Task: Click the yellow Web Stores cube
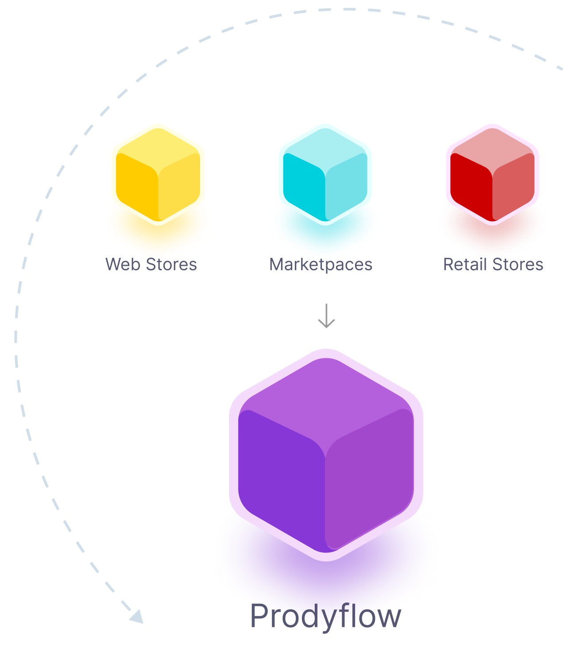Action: (158, 174)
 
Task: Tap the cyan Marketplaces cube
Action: (325, 174)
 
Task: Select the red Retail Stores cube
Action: (492, 174)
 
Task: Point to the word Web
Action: (123, 265)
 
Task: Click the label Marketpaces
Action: (321, 265)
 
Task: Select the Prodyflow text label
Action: (325, 616)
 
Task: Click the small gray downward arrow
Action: (326, 316)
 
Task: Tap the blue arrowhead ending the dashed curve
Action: (137, 617)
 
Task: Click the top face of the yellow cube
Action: (158, 148)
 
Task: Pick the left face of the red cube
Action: (471, 186)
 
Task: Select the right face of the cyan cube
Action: (347, 186)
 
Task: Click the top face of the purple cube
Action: (326, 398)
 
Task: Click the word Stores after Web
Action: (171, 265)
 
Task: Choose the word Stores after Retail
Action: (518, 265)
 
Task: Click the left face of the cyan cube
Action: (303, 186)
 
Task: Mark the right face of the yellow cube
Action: (179, 186)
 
